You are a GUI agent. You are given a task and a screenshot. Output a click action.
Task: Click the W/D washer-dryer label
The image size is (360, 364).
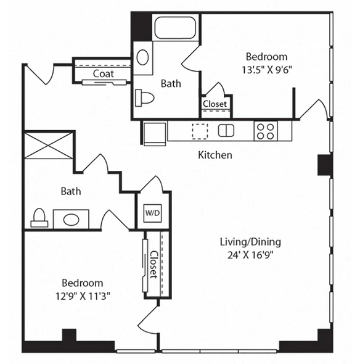(x=152, y=213)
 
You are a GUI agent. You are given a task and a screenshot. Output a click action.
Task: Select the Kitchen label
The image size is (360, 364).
(x=215, y=155)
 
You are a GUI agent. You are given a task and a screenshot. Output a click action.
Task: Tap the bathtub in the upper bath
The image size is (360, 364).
(x=174, y=28)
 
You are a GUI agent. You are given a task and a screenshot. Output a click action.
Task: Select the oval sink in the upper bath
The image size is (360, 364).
(x=142, y=57)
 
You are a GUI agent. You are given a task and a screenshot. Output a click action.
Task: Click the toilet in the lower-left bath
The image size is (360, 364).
(x=39, y=217)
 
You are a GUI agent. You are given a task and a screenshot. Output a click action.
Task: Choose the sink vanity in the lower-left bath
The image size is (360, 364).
(x=70, y=219)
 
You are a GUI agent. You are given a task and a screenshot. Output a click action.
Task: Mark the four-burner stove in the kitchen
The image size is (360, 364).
(x=265, y=131)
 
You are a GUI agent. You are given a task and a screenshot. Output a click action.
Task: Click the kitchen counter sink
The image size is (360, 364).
(x=226, y=130)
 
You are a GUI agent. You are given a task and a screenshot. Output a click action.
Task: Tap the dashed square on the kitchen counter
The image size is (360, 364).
(x=200, y=131)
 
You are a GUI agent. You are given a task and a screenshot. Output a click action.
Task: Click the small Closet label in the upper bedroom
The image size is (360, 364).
(x=215, y=104)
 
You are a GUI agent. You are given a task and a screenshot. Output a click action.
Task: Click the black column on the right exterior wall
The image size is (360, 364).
(x=324, y=165)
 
